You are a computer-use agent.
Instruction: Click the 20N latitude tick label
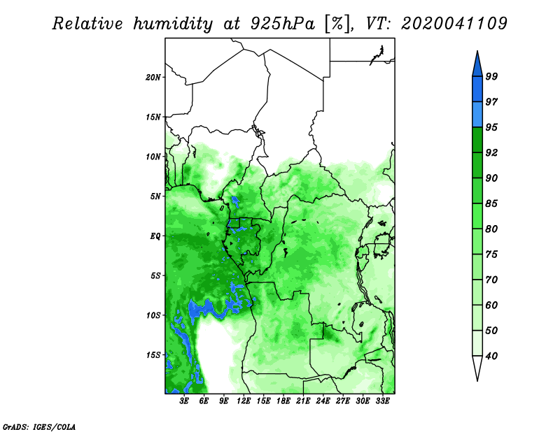click(x=153, y=77)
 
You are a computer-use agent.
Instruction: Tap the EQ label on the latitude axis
click(x=155, y=236)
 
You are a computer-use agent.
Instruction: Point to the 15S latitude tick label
click(x=153, y=355)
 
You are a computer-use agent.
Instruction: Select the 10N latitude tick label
click(x=153, y=157)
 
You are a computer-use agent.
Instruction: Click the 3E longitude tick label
click(x=184, y=401)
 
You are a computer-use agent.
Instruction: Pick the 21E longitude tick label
click(x=303, y=401)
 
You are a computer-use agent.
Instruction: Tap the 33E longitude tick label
click(x=382, y=401)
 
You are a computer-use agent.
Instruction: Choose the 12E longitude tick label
click(x=244, y=401)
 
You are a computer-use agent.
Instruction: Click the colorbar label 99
click(x=491, y=76)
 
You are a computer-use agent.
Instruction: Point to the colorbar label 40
click(x=491, y=356)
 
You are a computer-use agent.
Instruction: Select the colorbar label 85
click(x=491, y=203)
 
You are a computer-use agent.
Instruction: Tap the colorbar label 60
click(x=491, y=305)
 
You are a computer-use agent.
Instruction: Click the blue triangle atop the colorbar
click(x=477, y=66)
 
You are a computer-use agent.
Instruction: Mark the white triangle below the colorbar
click(x=477, y=366)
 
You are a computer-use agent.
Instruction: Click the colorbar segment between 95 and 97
click(x=477, y=115)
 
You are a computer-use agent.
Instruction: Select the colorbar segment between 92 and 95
click(x=477, y=140)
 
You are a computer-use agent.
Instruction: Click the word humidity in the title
click(x=173, y=24)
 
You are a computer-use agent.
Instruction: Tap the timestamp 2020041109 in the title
click(x=454, y=24)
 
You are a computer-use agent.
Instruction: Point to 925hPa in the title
click(x=283, y=24)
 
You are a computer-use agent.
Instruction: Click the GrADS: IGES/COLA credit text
click(x=39, y=426)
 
